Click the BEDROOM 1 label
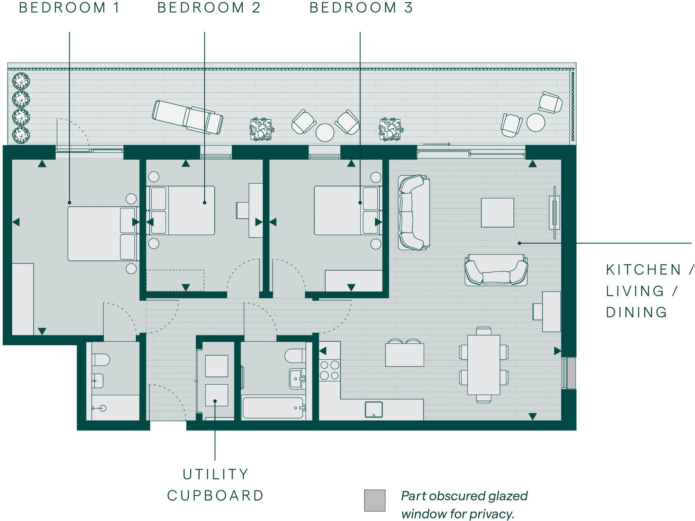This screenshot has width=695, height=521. (x=70, y=7)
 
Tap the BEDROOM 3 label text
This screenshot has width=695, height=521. (x=361, y=7)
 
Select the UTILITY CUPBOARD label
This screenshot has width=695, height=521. (x=215, y=485)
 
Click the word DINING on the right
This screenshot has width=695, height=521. (x=637, y=312)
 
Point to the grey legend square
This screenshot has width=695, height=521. (x=375, y=500)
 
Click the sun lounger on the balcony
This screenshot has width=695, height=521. (x=188, y=117)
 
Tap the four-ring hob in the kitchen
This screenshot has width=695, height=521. (x=330, y=370)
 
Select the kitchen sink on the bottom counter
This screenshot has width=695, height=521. (x=374, y=409)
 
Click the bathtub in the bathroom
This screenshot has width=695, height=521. (x=273, y=408)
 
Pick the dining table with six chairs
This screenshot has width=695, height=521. (x=484, y=365)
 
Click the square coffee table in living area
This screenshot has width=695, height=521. (x=497, y=213)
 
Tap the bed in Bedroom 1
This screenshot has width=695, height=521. (x=102, y=234)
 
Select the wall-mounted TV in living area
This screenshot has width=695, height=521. (x=555, y=213)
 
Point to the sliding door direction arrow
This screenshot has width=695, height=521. (x=436, y=144)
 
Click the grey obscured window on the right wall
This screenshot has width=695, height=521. (x=571, y=373)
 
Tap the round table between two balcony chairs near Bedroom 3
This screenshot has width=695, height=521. (x=325, y=132)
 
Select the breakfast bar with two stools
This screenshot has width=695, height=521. (x=405, y=354)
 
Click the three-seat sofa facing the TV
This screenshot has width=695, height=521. (x=414, y=213)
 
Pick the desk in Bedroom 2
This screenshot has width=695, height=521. (x=255, y=210)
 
